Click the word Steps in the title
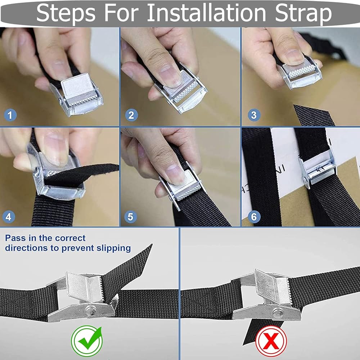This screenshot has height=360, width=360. click(66, 13)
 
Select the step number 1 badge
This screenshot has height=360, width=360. click(10, 115)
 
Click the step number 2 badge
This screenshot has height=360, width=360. click(131, 115)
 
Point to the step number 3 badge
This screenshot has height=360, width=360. click(254, 115)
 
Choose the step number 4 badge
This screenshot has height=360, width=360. click(9, 217)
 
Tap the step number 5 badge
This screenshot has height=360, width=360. click(130, 217)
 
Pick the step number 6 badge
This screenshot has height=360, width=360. click(254, 217)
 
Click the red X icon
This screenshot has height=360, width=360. click(271, 341)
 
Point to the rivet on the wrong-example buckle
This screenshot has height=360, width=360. click(278, 312)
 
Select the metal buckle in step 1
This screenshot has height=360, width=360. click(77, 94)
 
